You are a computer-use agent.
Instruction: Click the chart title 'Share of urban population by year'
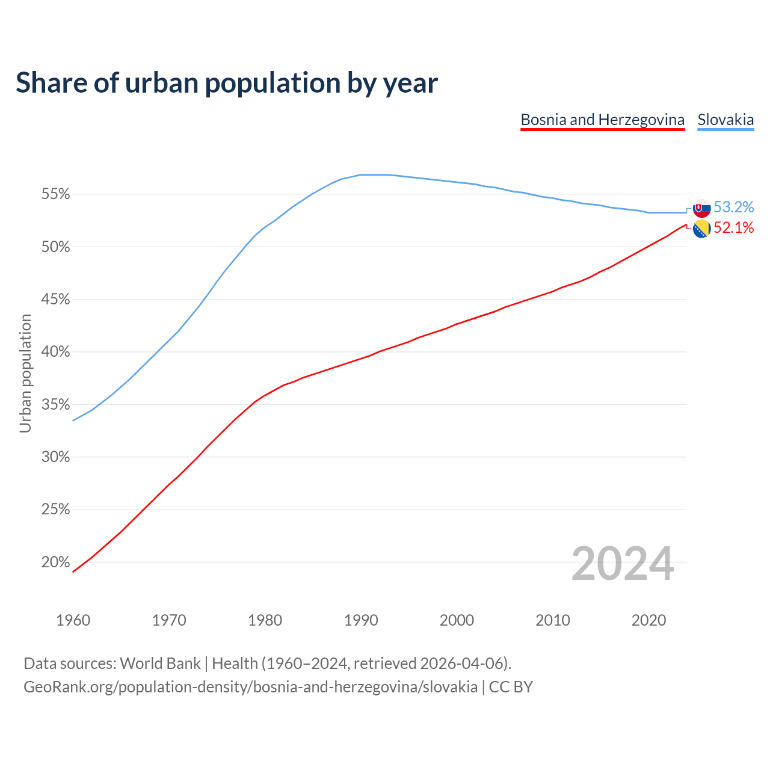227,82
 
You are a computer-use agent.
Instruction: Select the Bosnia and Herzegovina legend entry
602,120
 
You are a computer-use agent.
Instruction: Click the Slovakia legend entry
725,120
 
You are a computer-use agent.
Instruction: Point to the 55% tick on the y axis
55,194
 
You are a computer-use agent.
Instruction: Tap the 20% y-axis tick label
55,562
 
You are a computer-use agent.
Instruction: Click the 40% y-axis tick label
55,352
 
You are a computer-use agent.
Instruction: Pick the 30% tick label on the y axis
55,457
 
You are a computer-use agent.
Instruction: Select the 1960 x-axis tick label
73,620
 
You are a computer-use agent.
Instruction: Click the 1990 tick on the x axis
361,620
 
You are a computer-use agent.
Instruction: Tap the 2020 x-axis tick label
648,620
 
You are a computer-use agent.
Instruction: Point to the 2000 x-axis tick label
457,620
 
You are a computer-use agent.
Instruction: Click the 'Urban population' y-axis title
25,373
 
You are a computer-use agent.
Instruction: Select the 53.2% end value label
733,208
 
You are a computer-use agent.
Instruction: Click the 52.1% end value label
733,228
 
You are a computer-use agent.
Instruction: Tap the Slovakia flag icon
701,208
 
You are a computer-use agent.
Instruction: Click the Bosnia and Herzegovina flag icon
701,229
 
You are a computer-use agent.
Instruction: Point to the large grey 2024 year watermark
623,564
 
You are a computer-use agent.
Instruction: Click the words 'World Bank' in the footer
160,664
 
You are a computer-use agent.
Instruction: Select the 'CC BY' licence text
511,687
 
